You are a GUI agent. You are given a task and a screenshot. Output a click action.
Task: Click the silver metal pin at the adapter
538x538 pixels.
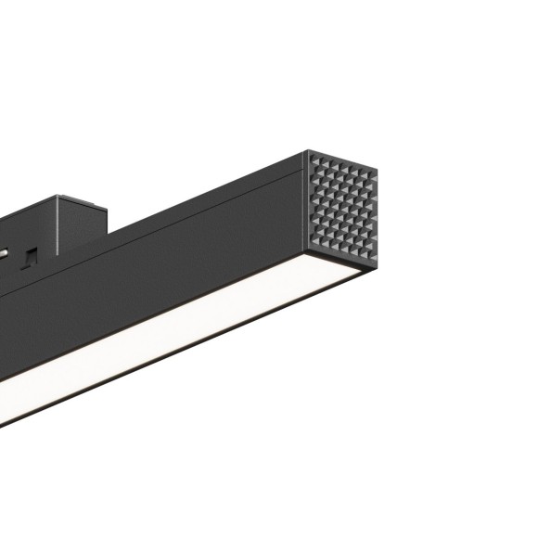click(x=6, y=250)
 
